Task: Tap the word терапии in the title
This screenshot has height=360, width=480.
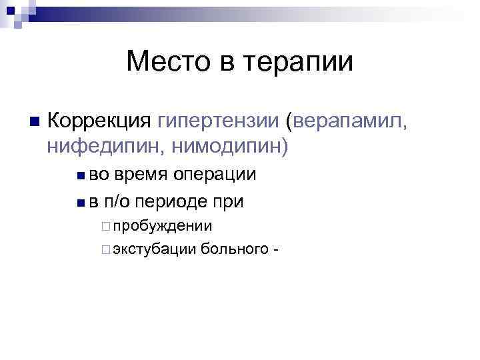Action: pyautogui.click(x=300, y=64)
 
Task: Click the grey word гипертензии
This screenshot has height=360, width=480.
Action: pyautogui.click(x=219, y=121)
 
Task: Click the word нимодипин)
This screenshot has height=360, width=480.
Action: pyautogui.click(x=227, y=145)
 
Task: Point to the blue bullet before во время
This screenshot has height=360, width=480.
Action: pyautogui.click(x=79, y=176)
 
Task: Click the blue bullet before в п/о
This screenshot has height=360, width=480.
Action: pyautogui.click(x=79, y=201)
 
